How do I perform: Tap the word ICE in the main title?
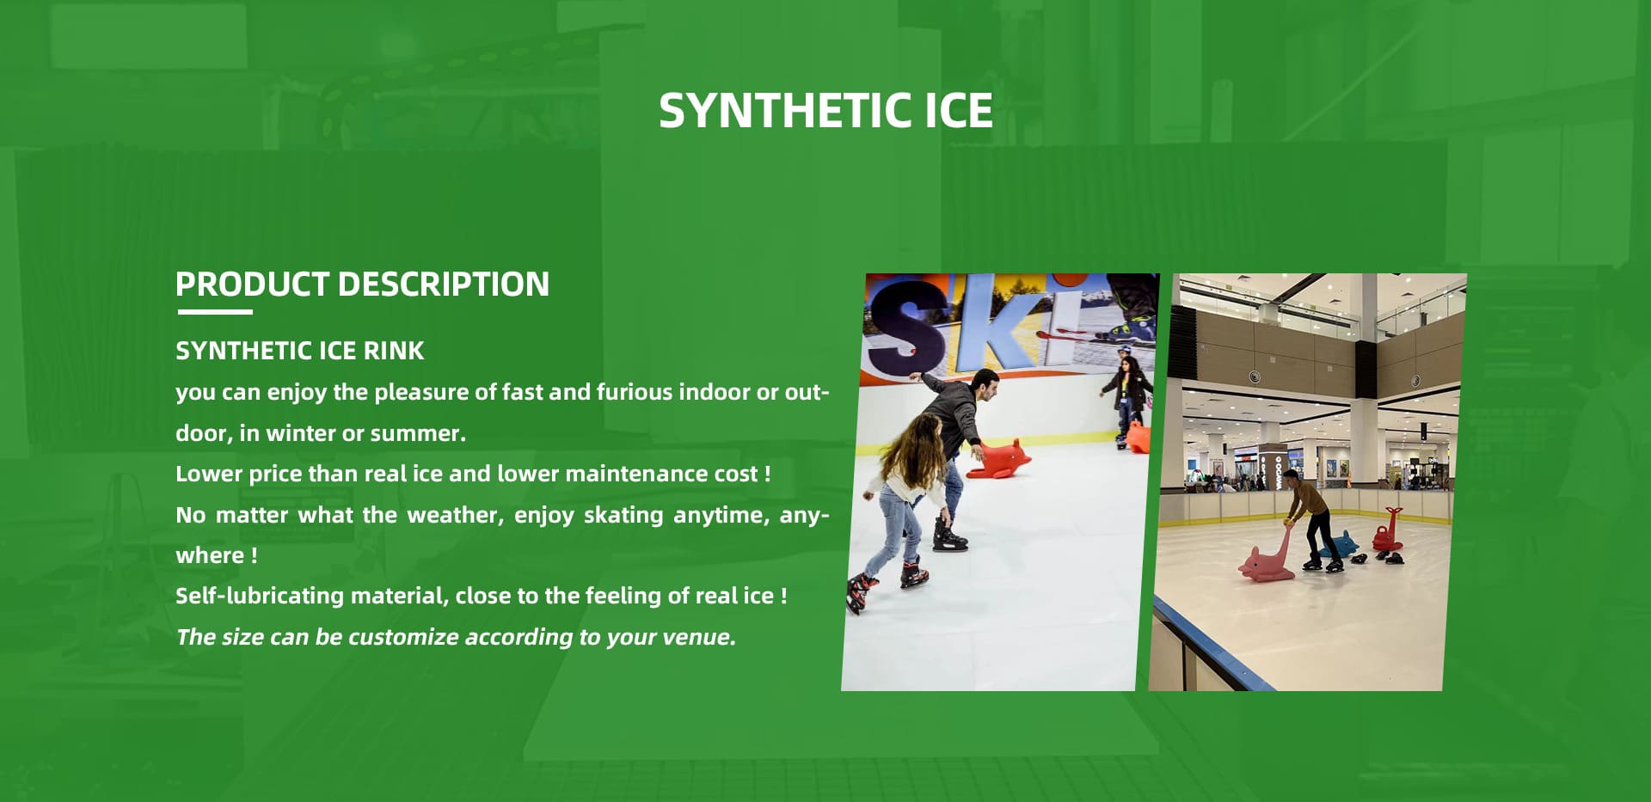[959, 111]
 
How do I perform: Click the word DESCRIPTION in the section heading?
[443, 284]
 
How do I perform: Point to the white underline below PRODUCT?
[214, 312]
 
